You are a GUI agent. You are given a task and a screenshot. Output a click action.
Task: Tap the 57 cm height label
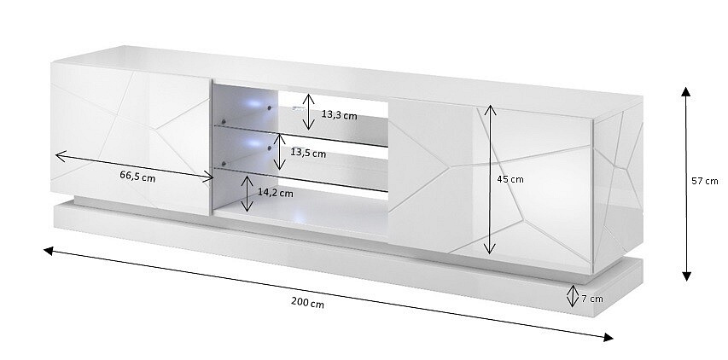click(704, 181)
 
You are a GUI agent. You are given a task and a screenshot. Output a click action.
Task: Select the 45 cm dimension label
click(510, 179)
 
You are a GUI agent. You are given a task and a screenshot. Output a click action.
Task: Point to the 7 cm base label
click(592, 299)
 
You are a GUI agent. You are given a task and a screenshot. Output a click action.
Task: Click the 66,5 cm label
click(137, 176)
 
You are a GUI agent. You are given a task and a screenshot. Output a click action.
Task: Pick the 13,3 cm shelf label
click(340, 114)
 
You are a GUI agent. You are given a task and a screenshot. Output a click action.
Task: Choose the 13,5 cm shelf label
click(308, 152)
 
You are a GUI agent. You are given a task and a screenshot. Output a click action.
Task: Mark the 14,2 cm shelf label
click(276, 193)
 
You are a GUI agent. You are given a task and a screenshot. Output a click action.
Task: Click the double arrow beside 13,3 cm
click(309, 112)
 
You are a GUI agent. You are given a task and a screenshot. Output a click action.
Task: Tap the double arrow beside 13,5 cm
click(279, 152)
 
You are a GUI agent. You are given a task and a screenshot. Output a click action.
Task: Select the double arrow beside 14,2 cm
click(248, 194)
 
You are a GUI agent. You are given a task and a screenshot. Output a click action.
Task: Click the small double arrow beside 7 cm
click(573, 296)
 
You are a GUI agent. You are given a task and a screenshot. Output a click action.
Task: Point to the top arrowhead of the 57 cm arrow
click(685, 91)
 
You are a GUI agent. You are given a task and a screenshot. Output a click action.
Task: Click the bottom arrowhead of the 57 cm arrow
click(687, 276)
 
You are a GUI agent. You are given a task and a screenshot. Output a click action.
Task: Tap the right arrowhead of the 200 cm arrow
click(609, 337)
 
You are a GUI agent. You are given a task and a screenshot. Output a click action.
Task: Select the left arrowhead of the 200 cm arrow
click(49, 251)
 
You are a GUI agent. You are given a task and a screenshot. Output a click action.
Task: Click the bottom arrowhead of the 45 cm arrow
click(490, 250)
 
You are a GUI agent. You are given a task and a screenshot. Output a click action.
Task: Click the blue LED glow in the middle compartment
click(253, 142)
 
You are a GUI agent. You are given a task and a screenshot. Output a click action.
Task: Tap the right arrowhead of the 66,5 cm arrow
click(208, 177)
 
